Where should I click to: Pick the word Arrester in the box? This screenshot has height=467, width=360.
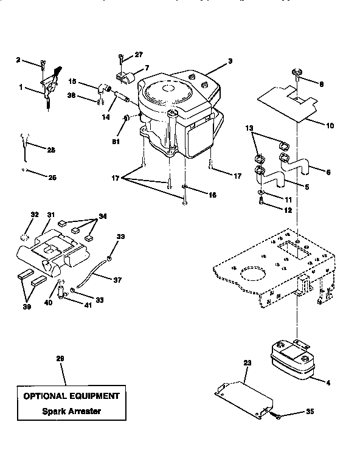pos(83,410)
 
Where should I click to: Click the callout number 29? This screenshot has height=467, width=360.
pos(60,358)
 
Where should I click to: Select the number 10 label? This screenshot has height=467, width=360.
pos(330,126)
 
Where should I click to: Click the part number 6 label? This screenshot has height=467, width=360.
pos(329,172)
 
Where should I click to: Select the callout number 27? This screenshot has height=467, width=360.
pos(138,54)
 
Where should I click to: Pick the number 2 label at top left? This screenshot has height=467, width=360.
pos(18,60)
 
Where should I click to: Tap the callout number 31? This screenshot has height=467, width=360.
pos(50,215)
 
